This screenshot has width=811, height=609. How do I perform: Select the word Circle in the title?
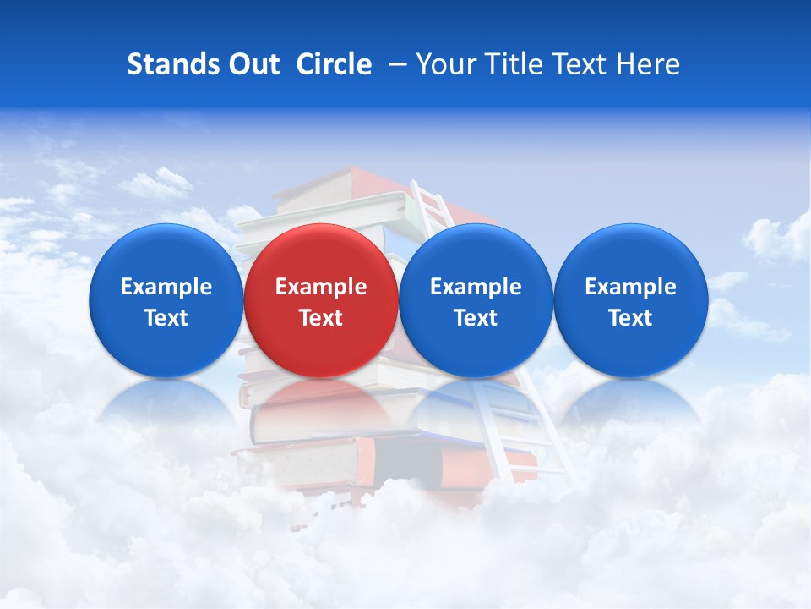[334, 64]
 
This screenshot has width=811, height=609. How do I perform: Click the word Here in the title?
[650, 64]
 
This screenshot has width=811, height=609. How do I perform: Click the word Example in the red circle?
[321, 287]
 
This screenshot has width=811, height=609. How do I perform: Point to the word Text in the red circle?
[321, 318]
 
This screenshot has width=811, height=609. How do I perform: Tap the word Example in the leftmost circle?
[166, 287]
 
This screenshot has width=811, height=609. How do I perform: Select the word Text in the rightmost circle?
[631, 318]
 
